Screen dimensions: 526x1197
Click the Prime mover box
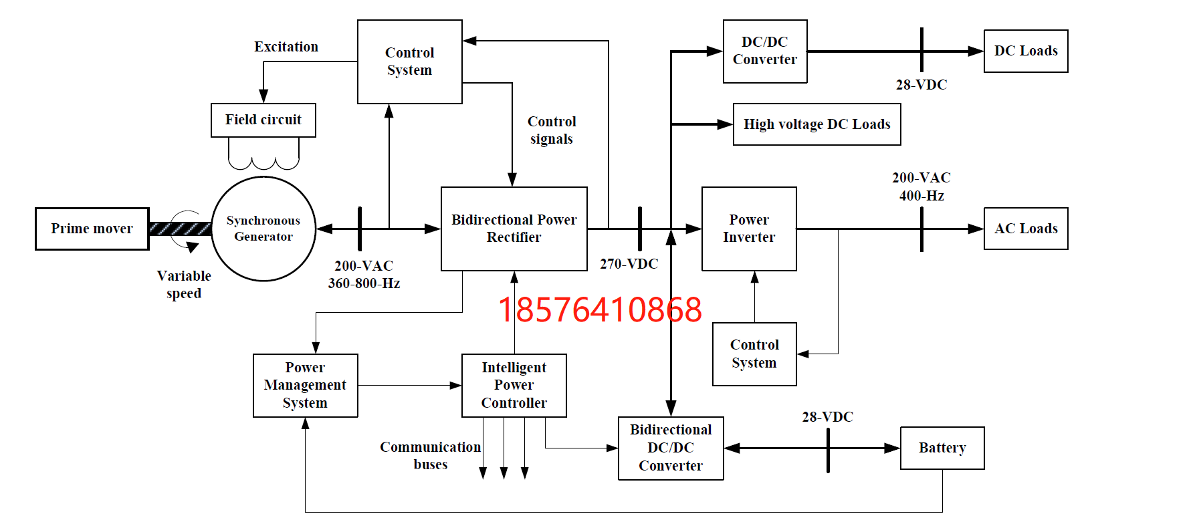point(92,229)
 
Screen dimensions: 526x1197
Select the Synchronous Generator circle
point(263,229)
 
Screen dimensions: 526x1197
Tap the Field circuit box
point(263,120)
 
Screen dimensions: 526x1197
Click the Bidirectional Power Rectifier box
point(514,229)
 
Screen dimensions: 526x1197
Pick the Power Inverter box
point(748,229)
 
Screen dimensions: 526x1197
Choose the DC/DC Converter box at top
point(764,51)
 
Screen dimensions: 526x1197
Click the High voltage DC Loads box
point(817,124)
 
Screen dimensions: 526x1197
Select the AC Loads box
point(1025,229)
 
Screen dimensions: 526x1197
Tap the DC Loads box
point(1025,51)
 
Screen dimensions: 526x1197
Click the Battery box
point(942,448)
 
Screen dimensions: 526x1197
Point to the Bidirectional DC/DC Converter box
point(670,448)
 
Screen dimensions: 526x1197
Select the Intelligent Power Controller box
point(514,385)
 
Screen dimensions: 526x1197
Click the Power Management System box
point(305,385)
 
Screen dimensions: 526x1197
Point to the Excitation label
point(286,47)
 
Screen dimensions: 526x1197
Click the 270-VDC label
point(629,264)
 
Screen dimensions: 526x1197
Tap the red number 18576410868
point(600,309)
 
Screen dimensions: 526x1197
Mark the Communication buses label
point(430,455)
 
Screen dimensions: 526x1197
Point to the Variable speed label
point(184,285)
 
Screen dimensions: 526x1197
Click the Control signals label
point(551,130)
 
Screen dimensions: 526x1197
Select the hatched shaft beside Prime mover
point(180,229)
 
